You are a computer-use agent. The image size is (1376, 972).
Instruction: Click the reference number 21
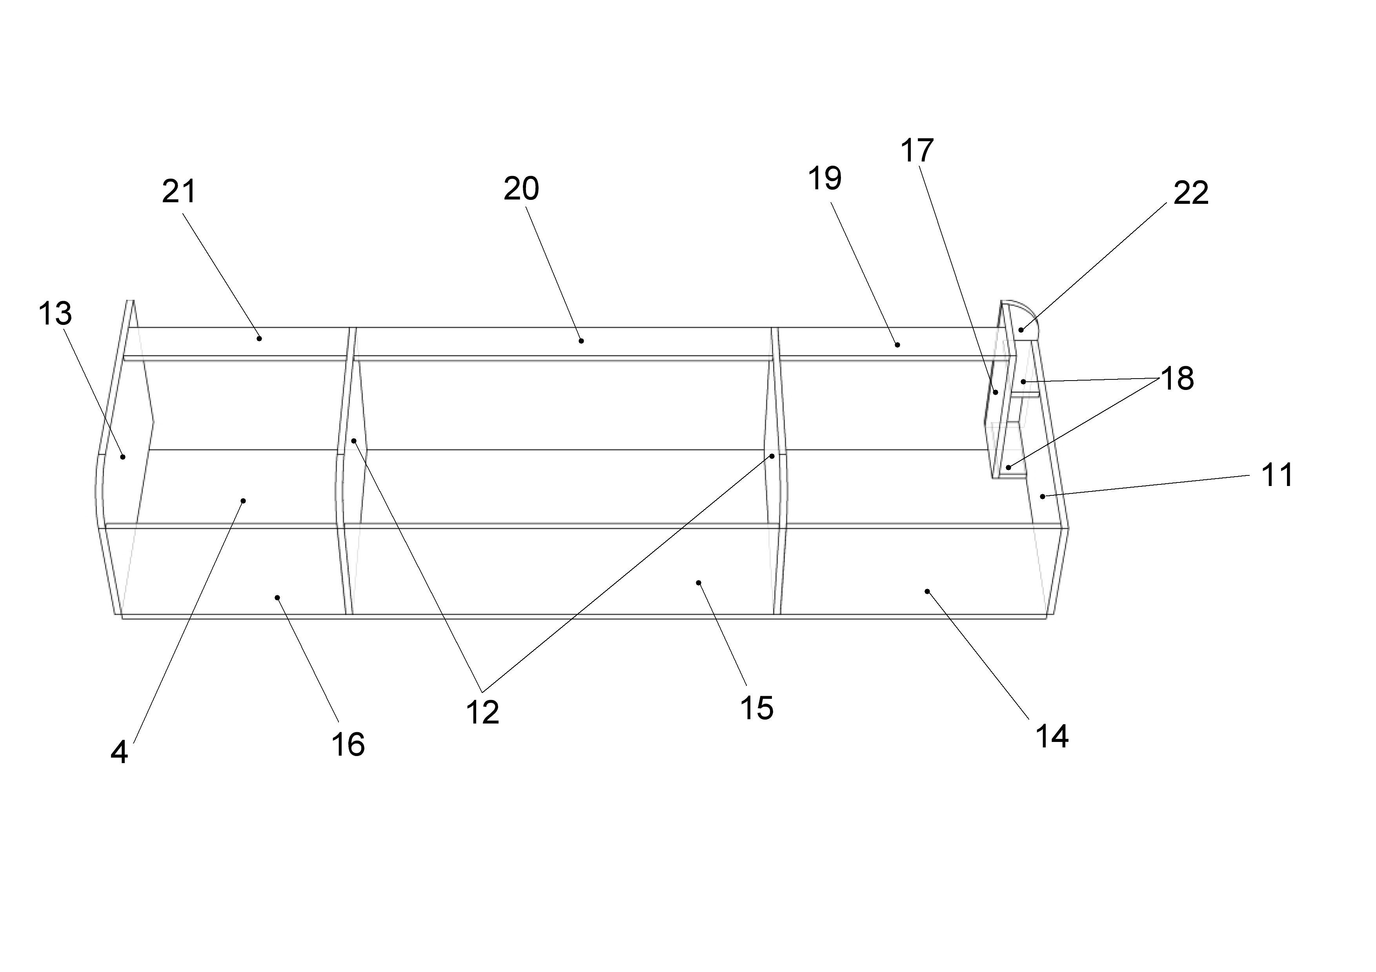point(179,192)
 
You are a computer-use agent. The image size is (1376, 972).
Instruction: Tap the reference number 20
point(521,189)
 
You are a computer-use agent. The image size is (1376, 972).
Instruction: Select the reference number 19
point(825,178)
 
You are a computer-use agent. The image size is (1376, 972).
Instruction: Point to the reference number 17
point(917,151)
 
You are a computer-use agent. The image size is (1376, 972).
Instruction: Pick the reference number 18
point(1177,379)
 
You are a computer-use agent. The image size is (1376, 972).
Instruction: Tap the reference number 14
point(1052,736)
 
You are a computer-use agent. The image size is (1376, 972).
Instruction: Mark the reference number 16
point(348,745)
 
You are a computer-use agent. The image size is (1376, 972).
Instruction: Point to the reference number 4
point(119,753)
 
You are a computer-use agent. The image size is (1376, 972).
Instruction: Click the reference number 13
point(55,314)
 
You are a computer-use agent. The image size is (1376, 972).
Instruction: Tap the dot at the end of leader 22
point(1021,330)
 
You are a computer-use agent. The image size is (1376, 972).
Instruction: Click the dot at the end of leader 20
point(581,341)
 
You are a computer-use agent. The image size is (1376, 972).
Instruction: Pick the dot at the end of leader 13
point(123,457)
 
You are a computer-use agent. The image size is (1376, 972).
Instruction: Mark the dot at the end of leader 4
point(243,501)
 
